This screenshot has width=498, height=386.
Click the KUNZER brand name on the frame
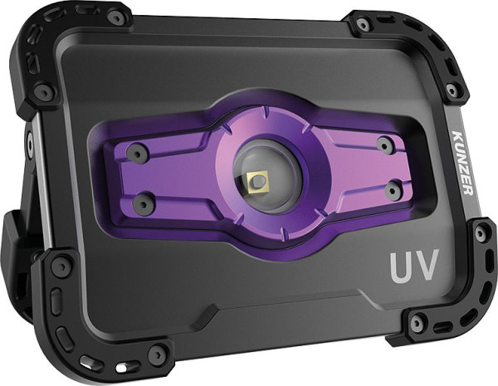pyautogui.click(x=462, y=161)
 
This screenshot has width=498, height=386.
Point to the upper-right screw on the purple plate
pyautogui.click(x=383, y=144)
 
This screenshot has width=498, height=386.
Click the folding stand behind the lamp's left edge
pyautogui.click(x=17, y=241)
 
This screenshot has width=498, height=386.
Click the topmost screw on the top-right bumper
pyautogui.click(x=364, y=26)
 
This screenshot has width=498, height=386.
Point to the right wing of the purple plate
pyautogui.click(x=365, y=169)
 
